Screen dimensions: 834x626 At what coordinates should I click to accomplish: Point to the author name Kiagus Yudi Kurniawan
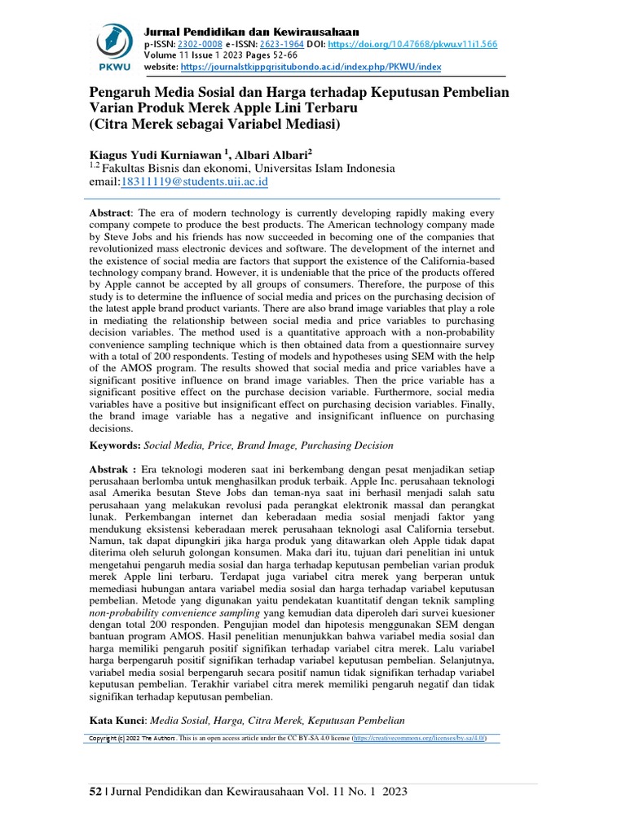pyautogui.click(x=157, y=153)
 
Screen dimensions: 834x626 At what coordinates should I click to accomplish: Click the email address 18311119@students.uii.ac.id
pyautogui.click(x=196, y=182)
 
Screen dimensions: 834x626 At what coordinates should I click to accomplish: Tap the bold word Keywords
pyautogui.click(x=115, y=446)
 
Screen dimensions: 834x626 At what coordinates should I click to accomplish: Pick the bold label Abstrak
pyautogui.click(x=111, y=472)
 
